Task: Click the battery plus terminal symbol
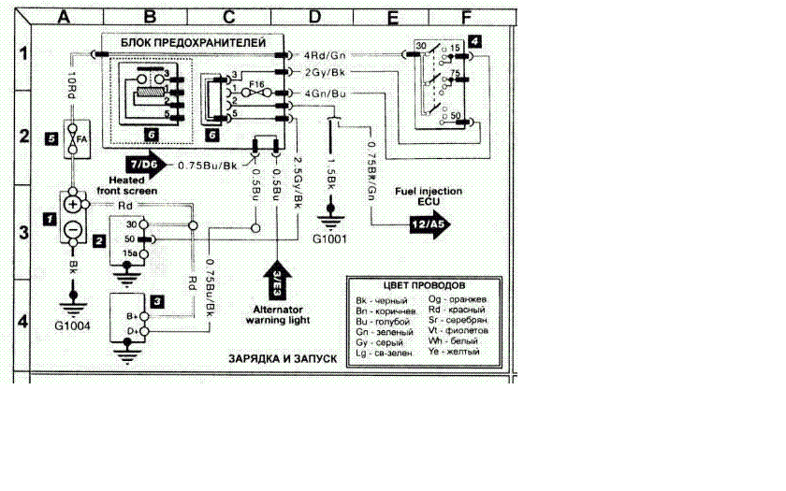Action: [73, 204]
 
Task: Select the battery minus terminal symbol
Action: [73, 230]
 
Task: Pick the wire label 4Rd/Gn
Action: [323, 54]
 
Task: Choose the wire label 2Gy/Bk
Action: [323, 72]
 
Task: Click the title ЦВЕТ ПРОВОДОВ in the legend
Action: [426, 284]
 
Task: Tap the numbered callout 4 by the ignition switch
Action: [475, 40]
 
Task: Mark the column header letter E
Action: [393, 16]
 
